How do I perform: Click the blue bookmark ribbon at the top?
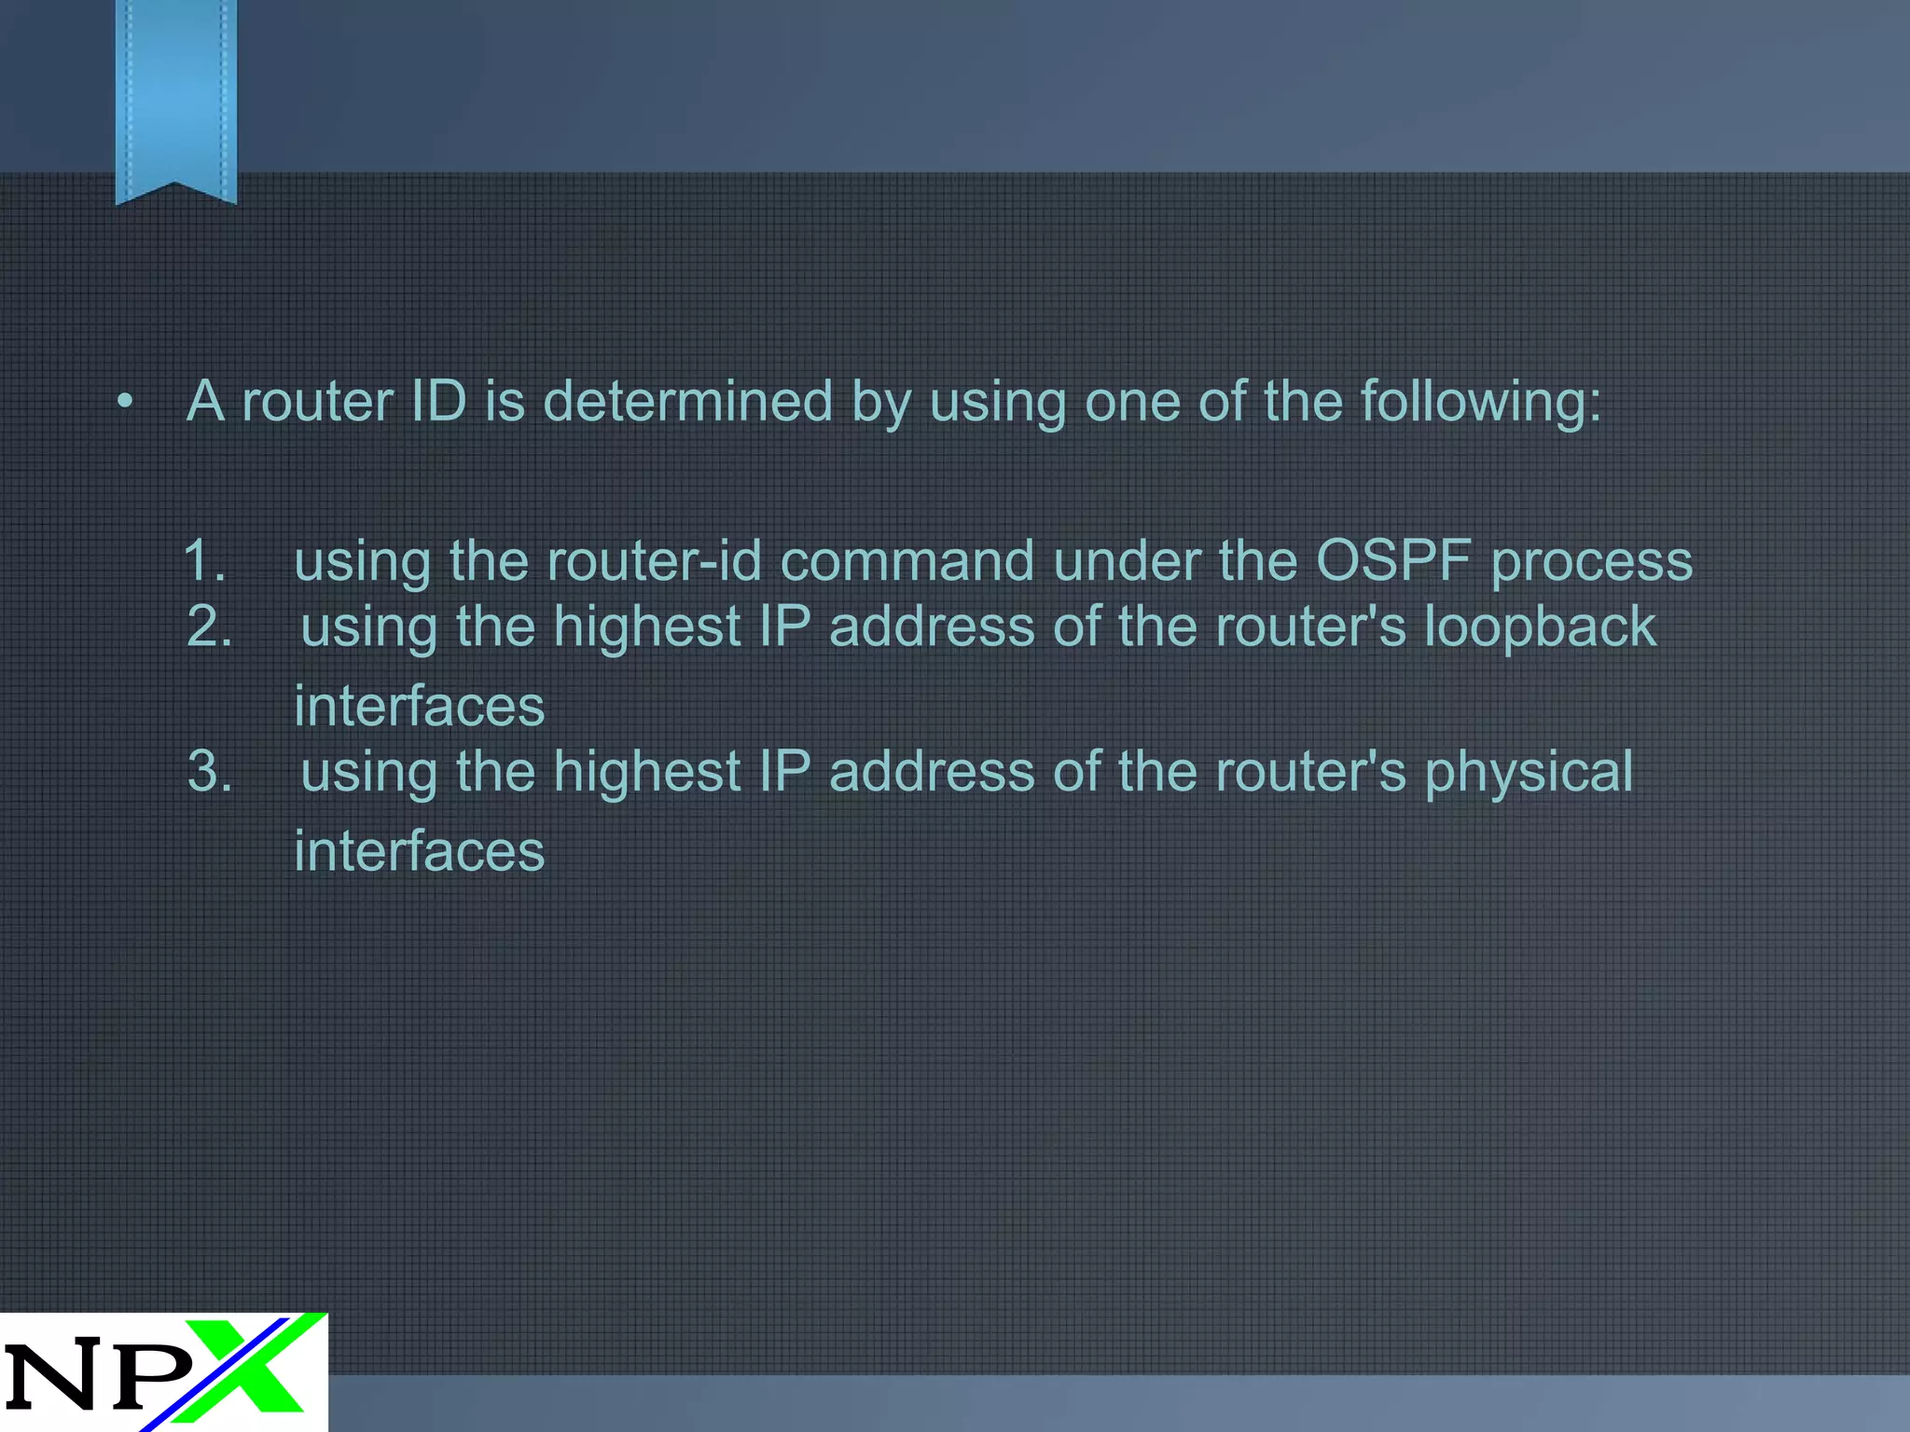tap(175, 98)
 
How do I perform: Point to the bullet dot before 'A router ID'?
tap(126, 402)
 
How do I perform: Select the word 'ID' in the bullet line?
tap(437, 402)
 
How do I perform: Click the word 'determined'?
tap(687, 402)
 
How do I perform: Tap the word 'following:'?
tap(1480, 404)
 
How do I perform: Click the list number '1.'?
tap(204, 561)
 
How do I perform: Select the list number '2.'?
tap(209, 626)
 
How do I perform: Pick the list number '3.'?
tap(209, 772)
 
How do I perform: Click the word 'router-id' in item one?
tap(654, 561)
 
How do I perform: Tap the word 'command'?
tap(907, 561)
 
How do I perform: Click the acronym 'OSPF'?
tap(1393, 561)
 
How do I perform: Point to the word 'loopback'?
tap(1540, 626)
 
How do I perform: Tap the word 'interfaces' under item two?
tap(419, 706)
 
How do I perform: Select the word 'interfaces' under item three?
tap(419, 851)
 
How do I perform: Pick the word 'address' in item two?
tap(931, 626)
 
